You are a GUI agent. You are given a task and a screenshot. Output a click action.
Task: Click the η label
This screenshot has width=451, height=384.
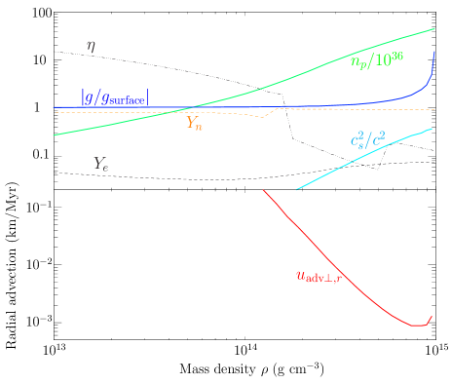(92, 45)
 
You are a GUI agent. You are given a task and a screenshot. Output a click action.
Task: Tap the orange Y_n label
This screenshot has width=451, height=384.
(194, 123)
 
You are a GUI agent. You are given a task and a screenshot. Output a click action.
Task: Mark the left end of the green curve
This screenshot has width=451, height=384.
(53, 134)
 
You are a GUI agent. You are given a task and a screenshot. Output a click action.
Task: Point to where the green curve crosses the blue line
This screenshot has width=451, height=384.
(192, 106)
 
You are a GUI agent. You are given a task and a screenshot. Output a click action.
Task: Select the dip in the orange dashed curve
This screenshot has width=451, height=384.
(264, 117)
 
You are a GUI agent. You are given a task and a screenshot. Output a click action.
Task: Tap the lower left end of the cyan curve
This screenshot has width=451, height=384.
(296, 189)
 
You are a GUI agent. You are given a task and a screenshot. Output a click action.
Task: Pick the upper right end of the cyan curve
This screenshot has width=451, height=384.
(432, 129)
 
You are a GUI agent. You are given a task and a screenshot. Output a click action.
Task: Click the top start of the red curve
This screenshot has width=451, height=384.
(264, 190)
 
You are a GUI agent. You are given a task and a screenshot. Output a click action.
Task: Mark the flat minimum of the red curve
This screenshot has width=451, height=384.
(417, 325)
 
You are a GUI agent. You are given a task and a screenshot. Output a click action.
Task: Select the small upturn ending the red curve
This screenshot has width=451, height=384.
(431, 317)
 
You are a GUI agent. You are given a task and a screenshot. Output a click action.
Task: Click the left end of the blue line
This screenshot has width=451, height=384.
(54, 106)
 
